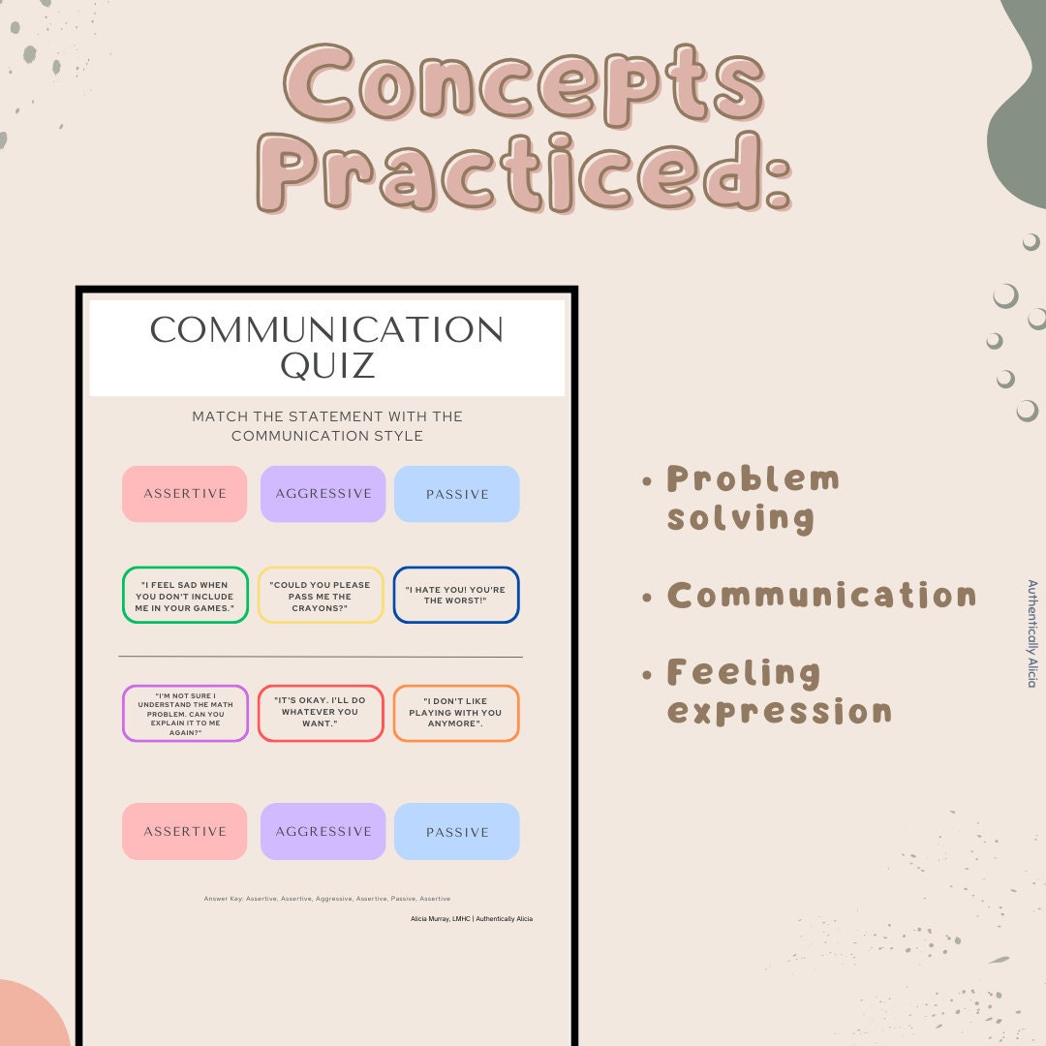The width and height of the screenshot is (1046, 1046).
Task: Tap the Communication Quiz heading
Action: click(327, 347)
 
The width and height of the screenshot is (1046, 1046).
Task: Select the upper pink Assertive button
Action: click(185, 494)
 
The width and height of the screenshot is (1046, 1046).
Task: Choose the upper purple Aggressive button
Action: click(323, 494)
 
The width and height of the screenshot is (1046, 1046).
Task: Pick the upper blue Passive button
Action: click(457, 494)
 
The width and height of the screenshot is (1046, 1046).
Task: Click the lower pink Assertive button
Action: click(185, 831)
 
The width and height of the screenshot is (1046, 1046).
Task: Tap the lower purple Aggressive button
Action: click(323, 831)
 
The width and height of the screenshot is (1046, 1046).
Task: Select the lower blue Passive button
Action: click(457, 831)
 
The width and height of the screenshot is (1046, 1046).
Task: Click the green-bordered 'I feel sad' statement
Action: click(185, 596)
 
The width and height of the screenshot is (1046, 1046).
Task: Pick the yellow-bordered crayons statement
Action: click(321, 596)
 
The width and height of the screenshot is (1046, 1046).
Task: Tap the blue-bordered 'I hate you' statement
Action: click(456, 596)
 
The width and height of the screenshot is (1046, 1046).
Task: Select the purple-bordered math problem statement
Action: click(185, 714)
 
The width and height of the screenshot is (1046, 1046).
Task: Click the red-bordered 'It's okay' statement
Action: click(321, 714)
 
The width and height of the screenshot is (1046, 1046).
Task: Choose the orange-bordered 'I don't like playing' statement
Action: click(456, 714)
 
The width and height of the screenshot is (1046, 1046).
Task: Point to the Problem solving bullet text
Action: click(753, 498)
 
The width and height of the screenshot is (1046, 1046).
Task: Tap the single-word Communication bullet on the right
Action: click(821, 595)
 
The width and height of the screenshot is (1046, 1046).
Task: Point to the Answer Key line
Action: click(327, 899)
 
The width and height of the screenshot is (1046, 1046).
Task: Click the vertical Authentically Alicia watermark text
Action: click(1031, 633)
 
